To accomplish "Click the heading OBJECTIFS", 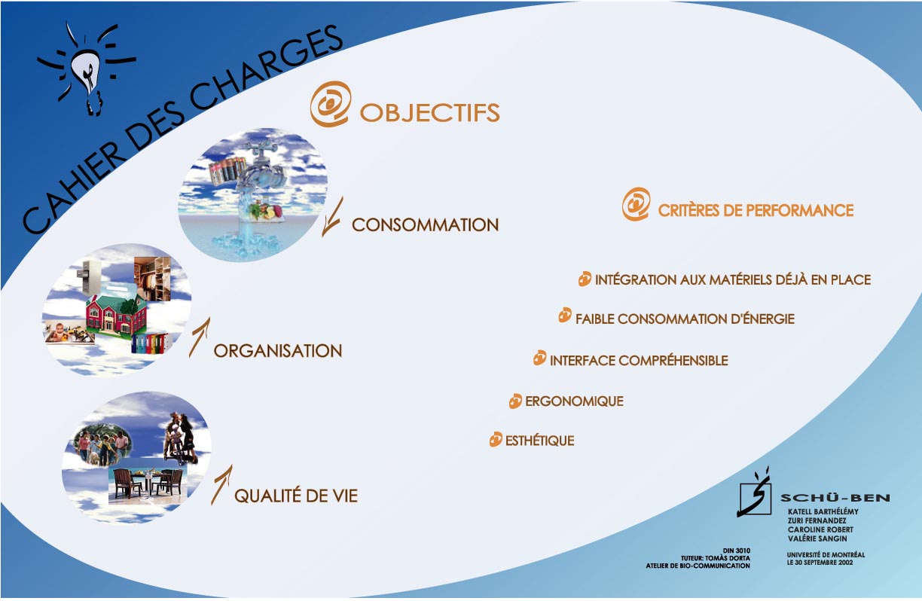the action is click(429, 112).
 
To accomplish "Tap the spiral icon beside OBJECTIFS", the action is click(331, 104).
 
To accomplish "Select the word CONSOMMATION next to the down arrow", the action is click(425, 224).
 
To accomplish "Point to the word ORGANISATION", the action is click(278, 351).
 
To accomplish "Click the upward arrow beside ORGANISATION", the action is click(200, 337).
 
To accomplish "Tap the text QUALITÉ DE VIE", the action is click(296, 496).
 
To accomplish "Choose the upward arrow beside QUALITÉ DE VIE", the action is click(222, 485).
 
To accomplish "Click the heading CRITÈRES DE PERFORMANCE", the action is click(756, 210).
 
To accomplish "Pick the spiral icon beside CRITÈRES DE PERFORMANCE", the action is click(637, 204).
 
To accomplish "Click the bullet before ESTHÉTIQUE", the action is click(496, 439).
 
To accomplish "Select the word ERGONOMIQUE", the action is click(574, 401).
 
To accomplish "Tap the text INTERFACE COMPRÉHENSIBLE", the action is click(639, 361).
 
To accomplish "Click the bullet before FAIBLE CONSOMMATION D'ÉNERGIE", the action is click(565, 316).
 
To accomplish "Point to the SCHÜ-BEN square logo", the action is click(755, 493).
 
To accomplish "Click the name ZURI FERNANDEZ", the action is click(817, 520).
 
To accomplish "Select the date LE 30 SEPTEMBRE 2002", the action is click(820, 563).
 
